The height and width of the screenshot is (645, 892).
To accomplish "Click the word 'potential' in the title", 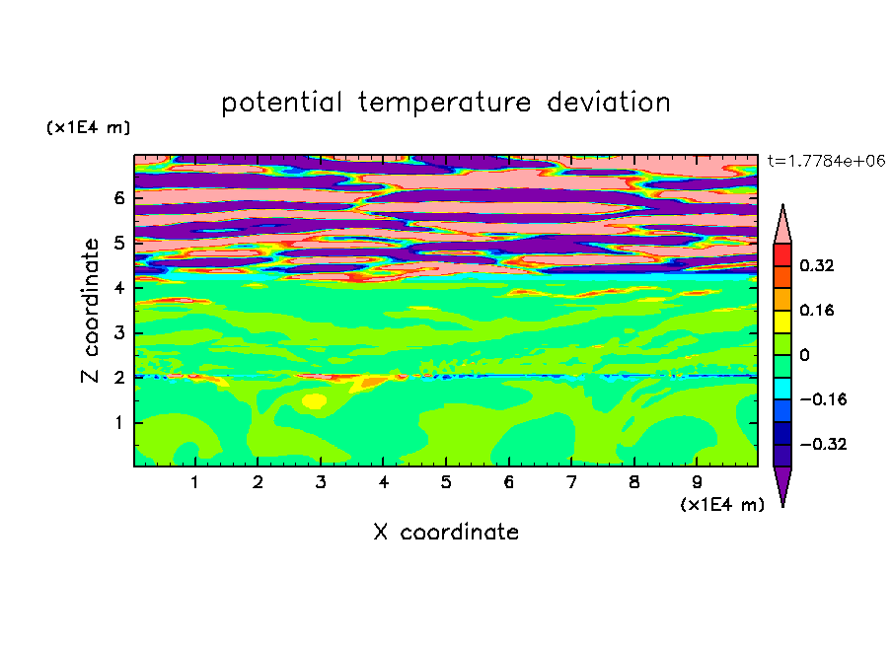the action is pyautogui.click(x=281, y=104).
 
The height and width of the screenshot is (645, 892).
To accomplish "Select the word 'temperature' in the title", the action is pyautogui.click(x=445, y=104).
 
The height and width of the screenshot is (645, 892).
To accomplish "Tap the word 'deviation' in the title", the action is pyautogui.click(x=609, y=103).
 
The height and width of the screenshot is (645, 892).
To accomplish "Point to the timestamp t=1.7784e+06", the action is pyautogui.click(x=827, y=161).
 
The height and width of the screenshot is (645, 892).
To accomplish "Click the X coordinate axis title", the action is pyautogui.click(x=446, y=532).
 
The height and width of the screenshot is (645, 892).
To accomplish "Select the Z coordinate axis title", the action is pyautogui.click(x=90, y=311).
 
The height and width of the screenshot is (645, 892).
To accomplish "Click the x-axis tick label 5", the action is pyautogui.click(x=446, y=482).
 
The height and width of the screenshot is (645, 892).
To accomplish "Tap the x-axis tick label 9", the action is pyautogui.click(x=697, y=482).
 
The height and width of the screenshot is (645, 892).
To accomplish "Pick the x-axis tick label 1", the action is pyautogui.click(x=194, y=482).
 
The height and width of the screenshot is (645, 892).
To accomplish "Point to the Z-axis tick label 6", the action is pyautogui.click(x=118, y=198).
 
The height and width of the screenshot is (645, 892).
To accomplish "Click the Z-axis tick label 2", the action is pyautogui.click(x=118, y=378).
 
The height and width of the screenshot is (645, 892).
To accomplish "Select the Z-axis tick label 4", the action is pyautogui.click(x=118, y=288).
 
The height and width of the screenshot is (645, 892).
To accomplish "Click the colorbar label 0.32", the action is pyautogui.click(x=817, y=265).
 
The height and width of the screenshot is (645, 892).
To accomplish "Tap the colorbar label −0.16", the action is pyautogui.click(x=823, y=399).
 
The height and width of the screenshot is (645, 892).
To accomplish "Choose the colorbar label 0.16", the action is pyautogui.click(x=817, y=310).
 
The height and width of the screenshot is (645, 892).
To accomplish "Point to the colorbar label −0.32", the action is pyautogui.click(x=823, y=444).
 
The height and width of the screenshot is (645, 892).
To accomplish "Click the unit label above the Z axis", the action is pyautogui.click(x=88, y=127).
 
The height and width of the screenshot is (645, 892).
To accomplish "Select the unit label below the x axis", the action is pyautogui.click(x=722, y=505).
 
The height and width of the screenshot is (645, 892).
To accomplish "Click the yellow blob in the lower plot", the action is pyautogui.click(x=315, y=401).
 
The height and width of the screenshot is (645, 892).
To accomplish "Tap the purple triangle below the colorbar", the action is pyautogui.click(x=782, y=483).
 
